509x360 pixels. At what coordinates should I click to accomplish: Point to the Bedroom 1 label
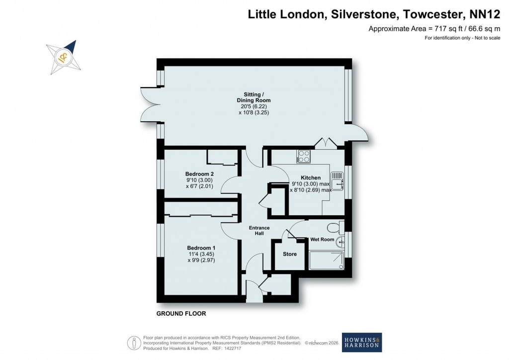tap(201, 248)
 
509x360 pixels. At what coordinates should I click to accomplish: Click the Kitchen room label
tap(311, 178)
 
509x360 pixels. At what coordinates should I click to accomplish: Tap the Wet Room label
tap(322, 239)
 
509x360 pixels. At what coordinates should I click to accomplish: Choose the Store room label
tap(290, 254)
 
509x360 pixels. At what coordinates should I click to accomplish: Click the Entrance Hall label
tap(259, 231)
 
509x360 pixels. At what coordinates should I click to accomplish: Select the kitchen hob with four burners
tap(303, 157)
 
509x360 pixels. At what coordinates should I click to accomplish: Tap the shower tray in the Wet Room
tap(326, 260)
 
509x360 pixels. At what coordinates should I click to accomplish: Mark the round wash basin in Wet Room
tap(339, 243)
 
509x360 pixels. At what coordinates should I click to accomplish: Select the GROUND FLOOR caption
tap(181, 314)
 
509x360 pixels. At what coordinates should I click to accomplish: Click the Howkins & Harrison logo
tap(362, 343)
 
